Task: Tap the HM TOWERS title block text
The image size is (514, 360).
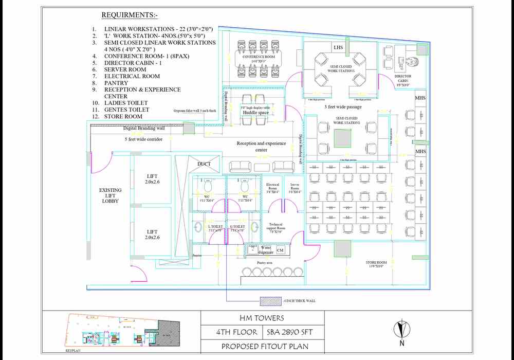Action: [262, 318]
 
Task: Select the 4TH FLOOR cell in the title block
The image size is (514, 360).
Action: [231, 332]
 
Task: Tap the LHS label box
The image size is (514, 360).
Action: [338, 48]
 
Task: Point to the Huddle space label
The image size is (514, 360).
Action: [256, 113]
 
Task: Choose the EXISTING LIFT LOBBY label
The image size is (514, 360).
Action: [110, 195]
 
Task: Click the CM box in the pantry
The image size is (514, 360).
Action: [280, 250]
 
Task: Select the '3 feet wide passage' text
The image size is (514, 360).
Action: [343, 107]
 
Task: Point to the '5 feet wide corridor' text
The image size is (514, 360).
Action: [143, 139]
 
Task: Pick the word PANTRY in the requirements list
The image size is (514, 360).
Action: [116, 83]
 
